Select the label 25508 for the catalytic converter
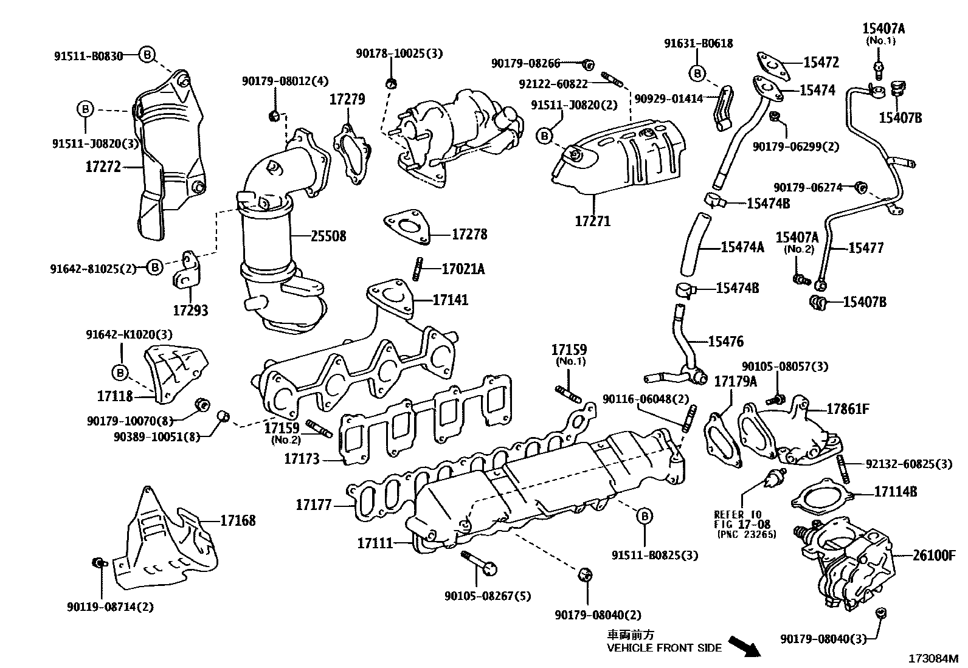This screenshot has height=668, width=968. [x=328, y=236]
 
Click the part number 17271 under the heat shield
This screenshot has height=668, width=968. [x=592, y=221]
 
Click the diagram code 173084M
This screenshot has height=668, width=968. [x=933, y=658]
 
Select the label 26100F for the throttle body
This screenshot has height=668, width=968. [x=934, y=554]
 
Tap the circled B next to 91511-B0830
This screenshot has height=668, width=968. [x=147, y=55]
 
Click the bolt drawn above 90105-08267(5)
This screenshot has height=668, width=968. [x=479, y=563]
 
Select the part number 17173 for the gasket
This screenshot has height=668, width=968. [x=302, y=458]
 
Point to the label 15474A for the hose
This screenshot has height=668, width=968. [x=742, y=247]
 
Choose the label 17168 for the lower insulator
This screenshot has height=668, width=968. [x=238, y=520]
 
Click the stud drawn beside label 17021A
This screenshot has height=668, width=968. [x=418, y=269]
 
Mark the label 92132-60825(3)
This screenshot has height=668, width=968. [x=909, y=464]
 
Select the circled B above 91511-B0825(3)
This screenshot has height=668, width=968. [x=644, y=517]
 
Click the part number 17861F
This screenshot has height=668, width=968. [x=848, y=408]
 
